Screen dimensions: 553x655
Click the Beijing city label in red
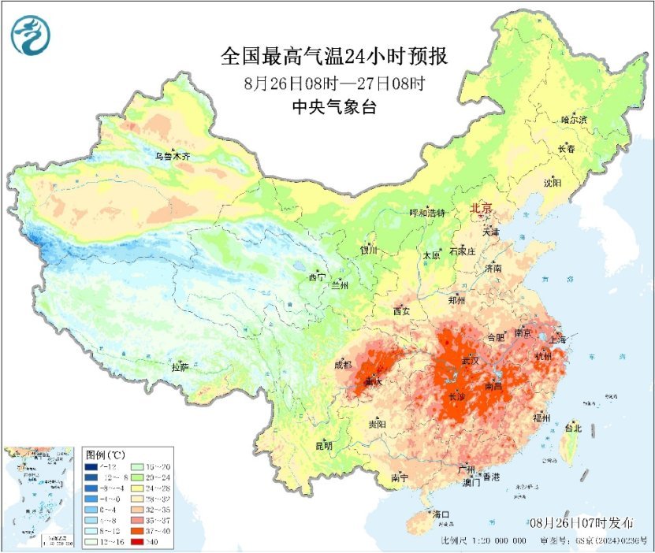click(x=481, y=209)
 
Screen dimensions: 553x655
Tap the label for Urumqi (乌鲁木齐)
click(x=172, y=157)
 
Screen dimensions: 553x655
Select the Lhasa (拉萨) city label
click(x=180, y=367)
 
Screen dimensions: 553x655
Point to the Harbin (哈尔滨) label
click(x=575, y=120)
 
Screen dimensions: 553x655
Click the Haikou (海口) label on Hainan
click(x=441, y=515)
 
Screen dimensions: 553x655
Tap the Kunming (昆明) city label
click(x=324, y=446)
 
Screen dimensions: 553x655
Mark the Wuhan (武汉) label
click(x=470, y=360)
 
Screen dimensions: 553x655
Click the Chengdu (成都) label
click(x=344, y=365)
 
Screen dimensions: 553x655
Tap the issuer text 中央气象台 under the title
click(x=333, y=106)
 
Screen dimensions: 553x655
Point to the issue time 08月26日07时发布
click(x=580, y=523)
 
